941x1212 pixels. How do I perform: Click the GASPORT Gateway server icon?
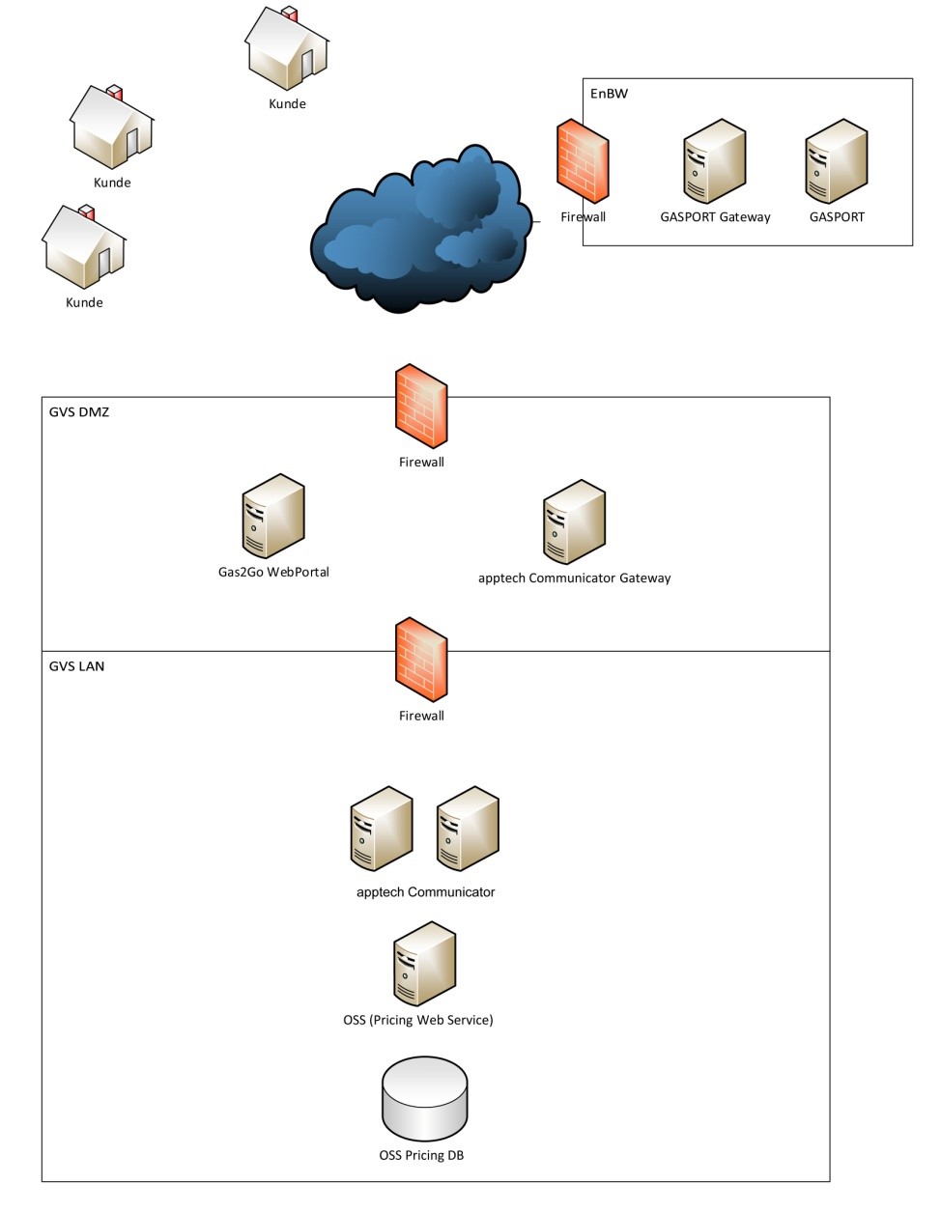click(x=715, y=161)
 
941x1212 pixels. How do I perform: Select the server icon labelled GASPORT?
click(x=837, y=161)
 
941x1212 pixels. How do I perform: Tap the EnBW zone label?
click(x=609, y=94)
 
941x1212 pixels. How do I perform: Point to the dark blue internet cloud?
click(x=420, y=232)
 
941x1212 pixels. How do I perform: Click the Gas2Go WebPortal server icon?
click(x=273, y=516)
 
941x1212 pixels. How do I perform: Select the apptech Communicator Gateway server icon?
click(x=574, y=521)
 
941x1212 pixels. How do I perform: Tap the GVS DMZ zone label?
click(x=79, y=412)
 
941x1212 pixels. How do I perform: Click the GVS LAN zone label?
click(x=76, y=666)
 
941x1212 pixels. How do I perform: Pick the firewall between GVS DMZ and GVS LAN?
click(x=421, y=660)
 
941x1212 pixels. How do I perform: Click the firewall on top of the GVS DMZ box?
click(x=421, y=406)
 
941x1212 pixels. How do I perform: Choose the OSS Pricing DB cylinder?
click(x=425, y=1098)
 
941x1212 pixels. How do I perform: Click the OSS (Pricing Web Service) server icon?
click(x=424, y=964)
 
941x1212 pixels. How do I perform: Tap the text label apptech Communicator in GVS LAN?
click(x=425, y=892)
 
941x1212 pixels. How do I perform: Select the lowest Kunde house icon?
click(x=83, y=248)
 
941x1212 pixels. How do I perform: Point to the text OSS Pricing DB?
click(x=421, y=1155)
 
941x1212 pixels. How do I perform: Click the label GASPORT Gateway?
click(x=715, y=217)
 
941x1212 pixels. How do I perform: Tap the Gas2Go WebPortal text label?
click(x=273, y=572)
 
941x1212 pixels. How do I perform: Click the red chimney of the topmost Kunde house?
click(x=289, y=14)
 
